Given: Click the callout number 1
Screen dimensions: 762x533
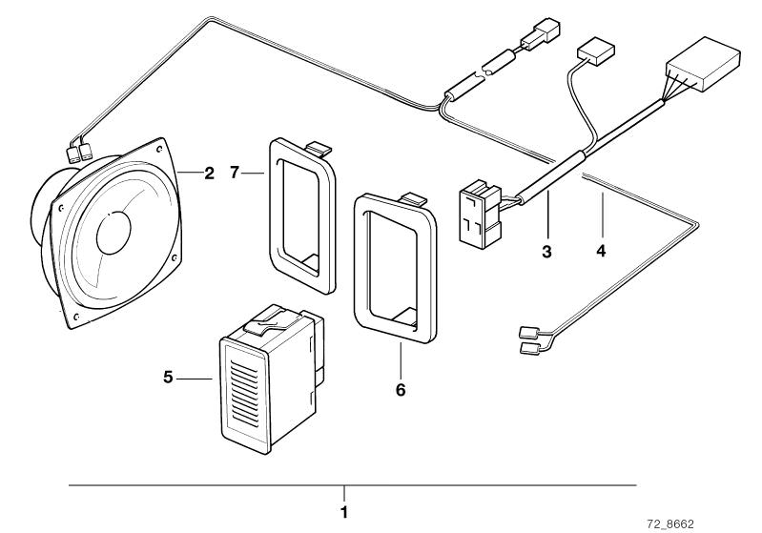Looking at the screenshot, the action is coord(344,512).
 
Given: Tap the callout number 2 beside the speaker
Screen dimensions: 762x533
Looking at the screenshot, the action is coord(209,173).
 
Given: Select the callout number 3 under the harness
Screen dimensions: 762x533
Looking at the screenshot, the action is coord(546,252).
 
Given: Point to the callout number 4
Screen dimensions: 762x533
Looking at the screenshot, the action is coord(601,251).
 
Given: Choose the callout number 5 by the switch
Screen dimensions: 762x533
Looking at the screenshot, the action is coord(168,377).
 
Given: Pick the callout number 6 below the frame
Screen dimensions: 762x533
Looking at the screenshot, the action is coord(401,390).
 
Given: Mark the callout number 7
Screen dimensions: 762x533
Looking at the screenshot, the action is coord(235,172).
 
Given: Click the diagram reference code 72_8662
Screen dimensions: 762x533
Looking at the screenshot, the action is coord(670,524).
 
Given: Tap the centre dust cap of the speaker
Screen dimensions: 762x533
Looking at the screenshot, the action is coord(113,234).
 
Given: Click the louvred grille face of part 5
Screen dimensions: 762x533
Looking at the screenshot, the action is coord(243,397).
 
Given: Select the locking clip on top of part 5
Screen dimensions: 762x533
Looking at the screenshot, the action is coord(266,321).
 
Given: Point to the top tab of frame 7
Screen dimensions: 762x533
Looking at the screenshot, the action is coord(319,147).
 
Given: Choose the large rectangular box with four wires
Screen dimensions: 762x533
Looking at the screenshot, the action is coord(704,64).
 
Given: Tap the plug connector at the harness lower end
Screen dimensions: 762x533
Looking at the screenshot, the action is coord(480,214).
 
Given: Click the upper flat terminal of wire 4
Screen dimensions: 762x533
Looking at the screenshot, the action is coord(527,333).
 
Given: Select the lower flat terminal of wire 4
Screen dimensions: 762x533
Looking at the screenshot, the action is coord(528,347).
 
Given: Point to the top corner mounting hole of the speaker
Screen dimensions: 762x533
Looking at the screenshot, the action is coord(159,145).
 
